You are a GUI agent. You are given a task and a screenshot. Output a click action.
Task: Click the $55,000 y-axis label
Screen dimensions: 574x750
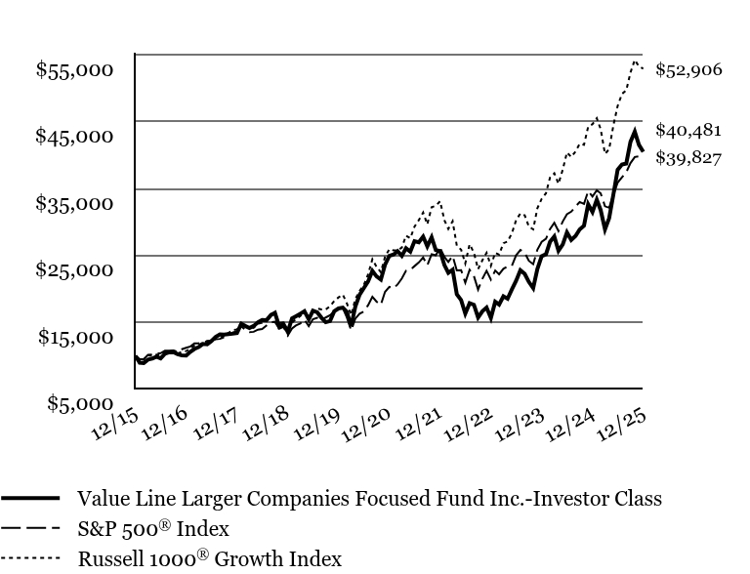pos(74,69)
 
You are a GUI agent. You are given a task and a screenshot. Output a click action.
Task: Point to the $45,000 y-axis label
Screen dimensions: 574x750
pos(74,136)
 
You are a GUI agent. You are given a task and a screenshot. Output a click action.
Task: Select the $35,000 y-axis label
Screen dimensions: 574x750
pos(74,203)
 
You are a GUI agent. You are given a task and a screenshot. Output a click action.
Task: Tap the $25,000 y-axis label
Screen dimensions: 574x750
pos(74,269)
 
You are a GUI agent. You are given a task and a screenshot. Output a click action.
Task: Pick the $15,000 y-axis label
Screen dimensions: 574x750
pos(74,337)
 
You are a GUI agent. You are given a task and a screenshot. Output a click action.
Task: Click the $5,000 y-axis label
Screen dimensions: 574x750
pos(79,403)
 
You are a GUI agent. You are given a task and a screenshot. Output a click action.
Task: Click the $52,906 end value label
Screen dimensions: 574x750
pos(688,69)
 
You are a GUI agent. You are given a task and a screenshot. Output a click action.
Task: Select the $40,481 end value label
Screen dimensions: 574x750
pos(688,130)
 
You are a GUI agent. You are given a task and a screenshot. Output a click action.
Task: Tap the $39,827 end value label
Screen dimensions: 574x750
pos(688,157)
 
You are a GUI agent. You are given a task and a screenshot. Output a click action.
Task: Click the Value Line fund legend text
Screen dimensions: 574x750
pos(369,499)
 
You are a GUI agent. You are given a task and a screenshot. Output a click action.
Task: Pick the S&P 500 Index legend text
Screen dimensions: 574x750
pos(153,529)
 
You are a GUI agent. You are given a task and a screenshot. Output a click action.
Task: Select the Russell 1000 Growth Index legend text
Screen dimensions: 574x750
pos(210,559)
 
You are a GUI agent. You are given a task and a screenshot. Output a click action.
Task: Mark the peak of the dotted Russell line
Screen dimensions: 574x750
pos(635,62)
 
